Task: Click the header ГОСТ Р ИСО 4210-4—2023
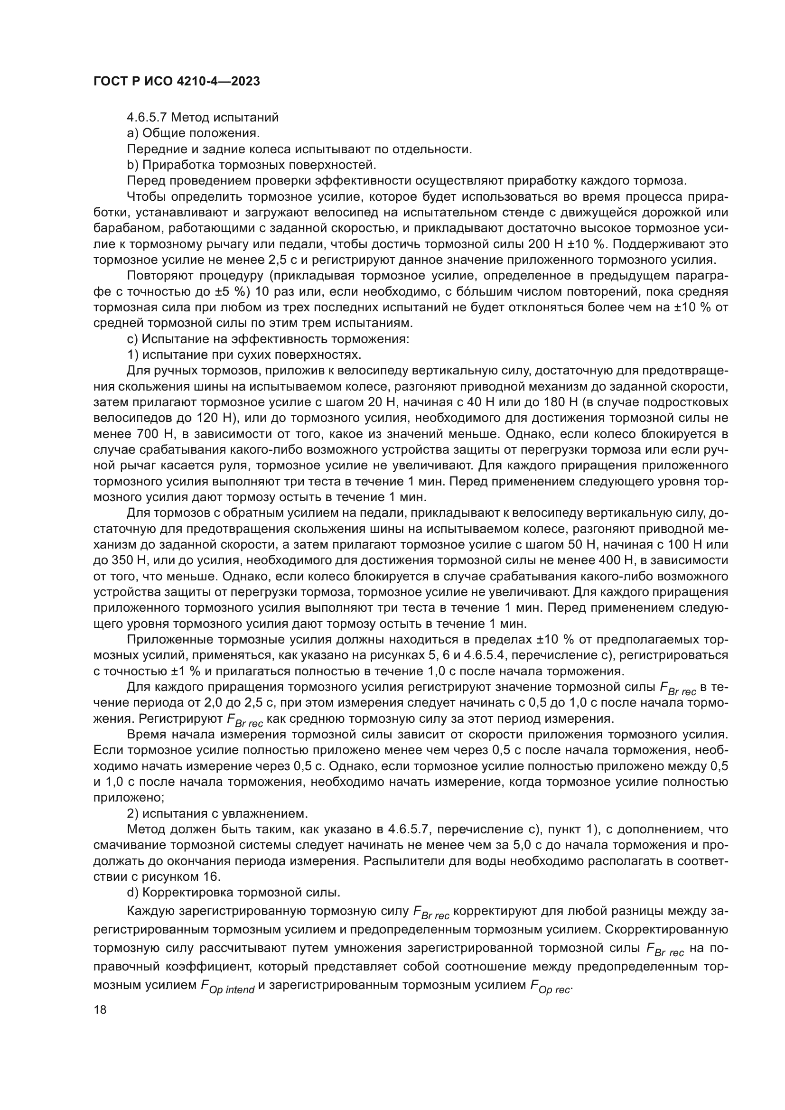click(x=177, y=81)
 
